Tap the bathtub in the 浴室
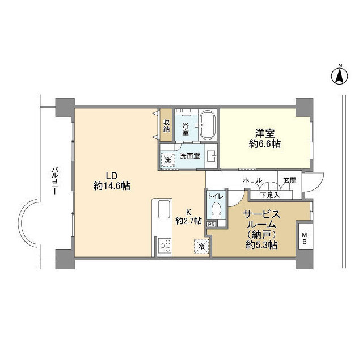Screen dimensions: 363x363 point(208,124)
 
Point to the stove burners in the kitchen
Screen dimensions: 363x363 point(164,245)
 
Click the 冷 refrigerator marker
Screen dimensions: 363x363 point(201,246)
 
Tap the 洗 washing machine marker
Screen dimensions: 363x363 point(167,160)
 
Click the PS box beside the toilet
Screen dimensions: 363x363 point(211,224)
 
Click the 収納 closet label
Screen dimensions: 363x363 point(166,125)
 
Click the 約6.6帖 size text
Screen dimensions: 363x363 point(264,144)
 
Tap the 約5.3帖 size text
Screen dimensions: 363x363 point(261,245)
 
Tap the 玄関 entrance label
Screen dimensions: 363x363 point(289,180)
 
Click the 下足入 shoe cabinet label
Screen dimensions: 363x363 point(269,195)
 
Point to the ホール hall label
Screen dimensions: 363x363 point(252,180)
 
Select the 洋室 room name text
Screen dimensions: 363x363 point(264,134)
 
